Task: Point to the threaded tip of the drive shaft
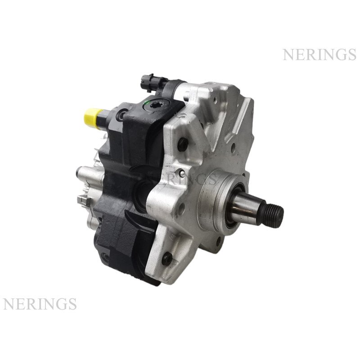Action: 275,213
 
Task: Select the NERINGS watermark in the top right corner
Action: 319,54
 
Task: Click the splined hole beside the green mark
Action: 157,105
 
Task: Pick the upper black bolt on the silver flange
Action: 183,144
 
